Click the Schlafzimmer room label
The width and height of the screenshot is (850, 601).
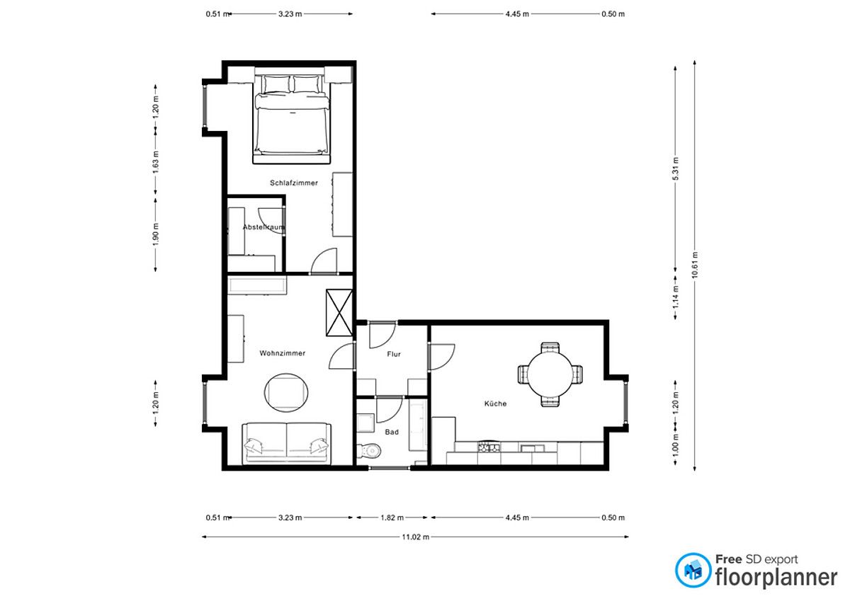294,183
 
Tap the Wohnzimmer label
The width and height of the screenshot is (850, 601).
283,353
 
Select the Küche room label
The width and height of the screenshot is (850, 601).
495,403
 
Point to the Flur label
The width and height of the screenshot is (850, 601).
394,354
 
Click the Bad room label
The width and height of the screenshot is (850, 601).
392,432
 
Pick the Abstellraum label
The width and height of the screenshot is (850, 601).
263,227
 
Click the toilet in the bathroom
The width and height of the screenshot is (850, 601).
369,451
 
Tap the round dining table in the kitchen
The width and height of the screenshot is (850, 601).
550,374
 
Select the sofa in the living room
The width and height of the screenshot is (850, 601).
286,443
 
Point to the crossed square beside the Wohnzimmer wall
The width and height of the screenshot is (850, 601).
339,312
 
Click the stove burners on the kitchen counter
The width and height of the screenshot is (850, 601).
488,447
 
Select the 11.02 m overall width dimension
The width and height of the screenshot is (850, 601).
416,537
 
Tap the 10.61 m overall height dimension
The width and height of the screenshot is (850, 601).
694,265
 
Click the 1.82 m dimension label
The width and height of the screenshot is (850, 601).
392,517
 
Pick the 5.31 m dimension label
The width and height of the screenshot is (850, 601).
676,168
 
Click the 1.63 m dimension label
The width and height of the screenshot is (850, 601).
156,162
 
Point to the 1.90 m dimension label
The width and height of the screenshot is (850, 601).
156,234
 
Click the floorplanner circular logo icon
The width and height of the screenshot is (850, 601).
693,571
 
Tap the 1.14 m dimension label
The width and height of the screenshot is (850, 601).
676,297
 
